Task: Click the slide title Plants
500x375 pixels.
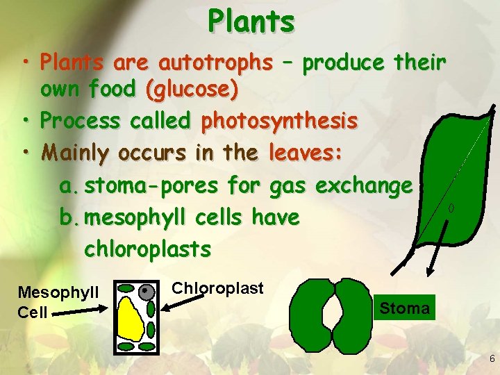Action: [251, 22]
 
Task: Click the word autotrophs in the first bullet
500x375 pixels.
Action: [215, 63]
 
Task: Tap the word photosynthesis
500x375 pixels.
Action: [279, 121]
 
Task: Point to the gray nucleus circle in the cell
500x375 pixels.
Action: [146, 292]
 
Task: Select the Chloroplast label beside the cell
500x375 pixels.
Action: [217, 288]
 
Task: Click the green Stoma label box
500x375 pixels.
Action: [405, 308]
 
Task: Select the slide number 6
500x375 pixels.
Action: [491, 359]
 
